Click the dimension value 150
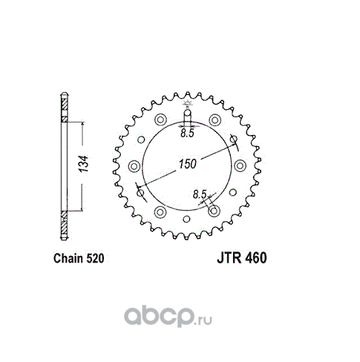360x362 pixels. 187,164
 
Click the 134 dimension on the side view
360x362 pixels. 83,164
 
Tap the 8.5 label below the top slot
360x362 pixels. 187,134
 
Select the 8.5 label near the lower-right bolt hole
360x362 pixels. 200,194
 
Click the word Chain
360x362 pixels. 68,258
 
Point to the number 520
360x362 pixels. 95,258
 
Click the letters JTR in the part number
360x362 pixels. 229,258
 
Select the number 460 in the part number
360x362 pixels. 256,258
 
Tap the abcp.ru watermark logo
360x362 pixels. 168,317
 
